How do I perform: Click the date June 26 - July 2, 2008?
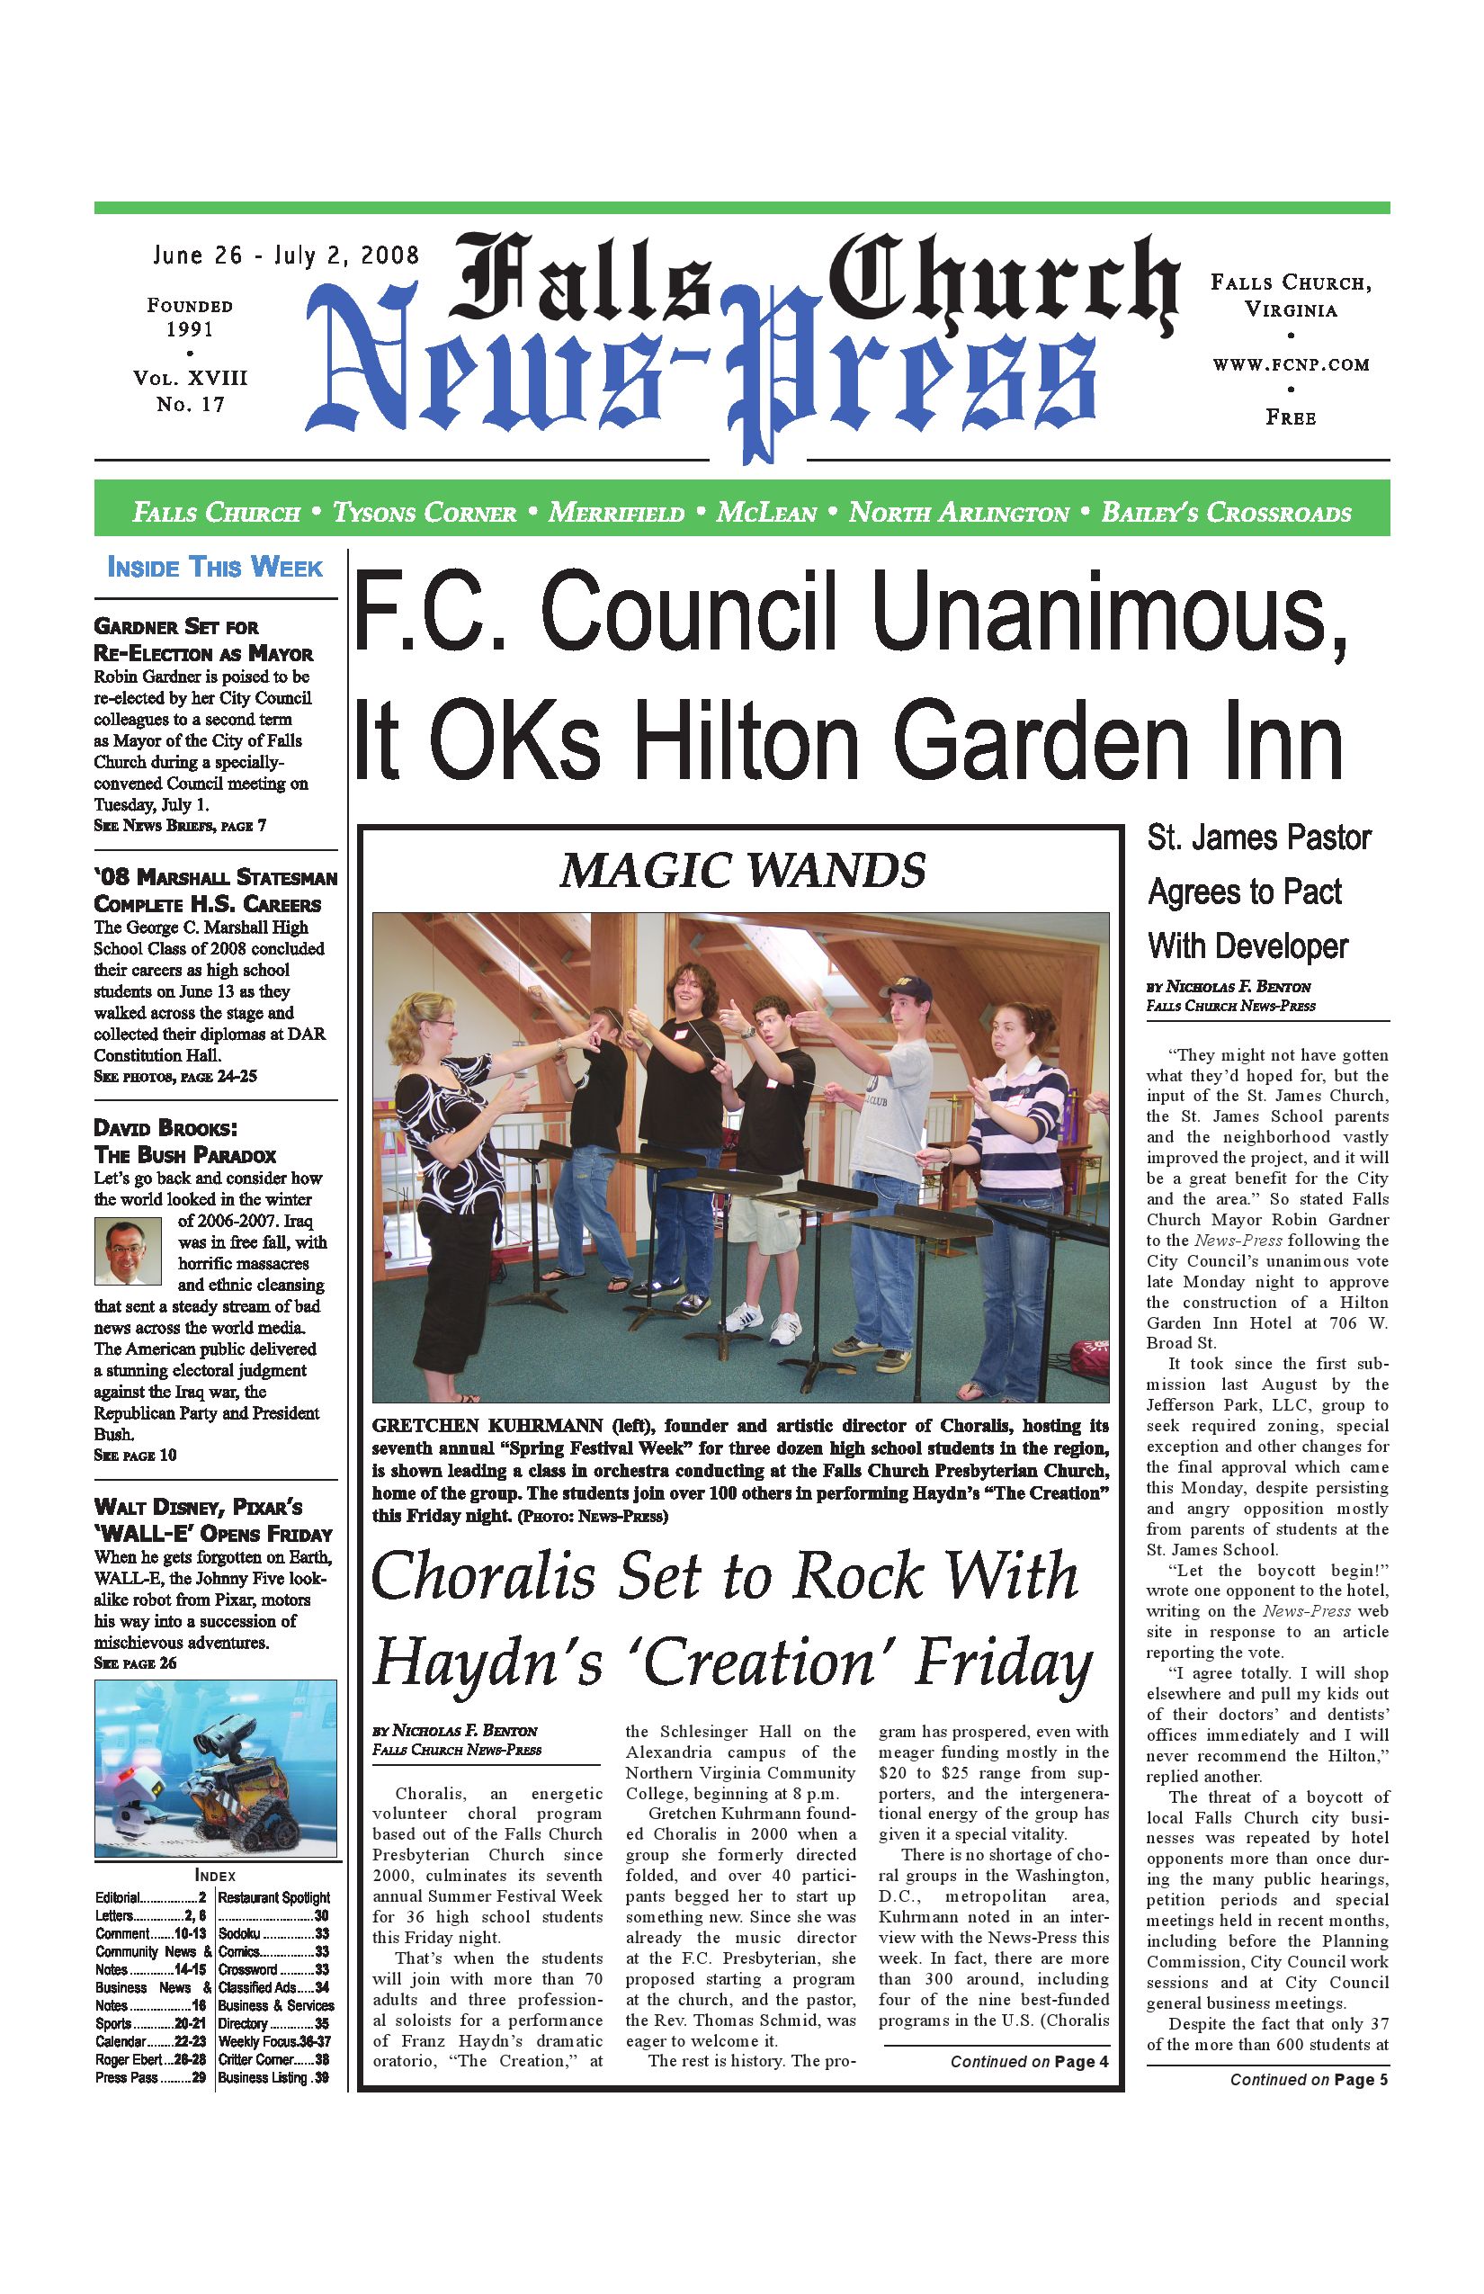[x=286, y=255]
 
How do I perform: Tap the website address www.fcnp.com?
[x=1291, y=364]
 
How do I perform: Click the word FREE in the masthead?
[x=1291, y=417]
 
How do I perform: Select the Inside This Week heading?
[x=215, y=567]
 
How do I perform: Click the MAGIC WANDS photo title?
[x=742, y=871]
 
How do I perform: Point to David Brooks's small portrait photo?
[x=128, y=1251]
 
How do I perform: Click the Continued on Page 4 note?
[x=1028, y=2062]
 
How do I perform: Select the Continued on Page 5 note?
[x=1308, y=2080]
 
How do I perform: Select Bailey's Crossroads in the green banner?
[x=1226, y=513]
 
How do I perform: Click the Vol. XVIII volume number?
[x=190, y=378]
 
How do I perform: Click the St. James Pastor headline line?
[x=1258, y=838]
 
